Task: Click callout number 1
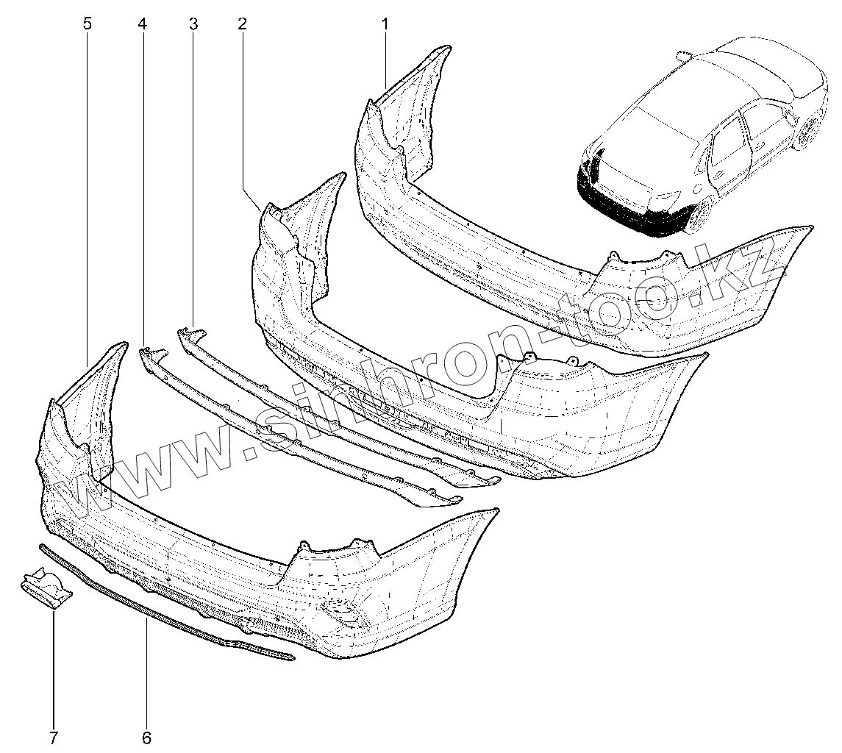(385, 24)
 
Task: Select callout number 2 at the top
(242, 24)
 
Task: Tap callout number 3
(193, 24)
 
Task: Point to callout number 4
(142, 24)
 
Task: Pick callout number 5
(88, 24)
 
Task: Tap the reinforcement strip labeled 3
(331, 412)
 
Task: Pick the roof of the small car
(743, 74)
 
